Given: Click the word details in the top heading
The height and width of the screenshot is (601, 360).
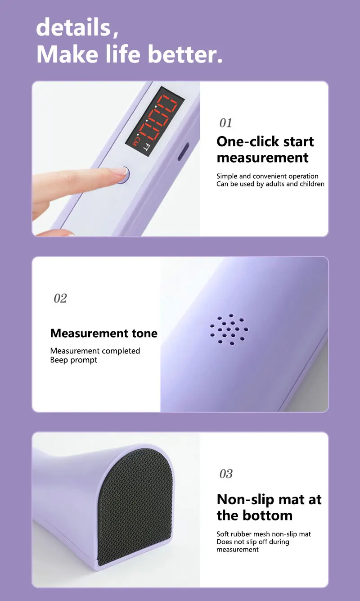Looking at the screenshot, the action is [x=73, y=27].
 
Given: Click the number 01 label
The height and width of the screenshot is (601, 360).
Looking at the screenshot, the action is [x=225, y=123].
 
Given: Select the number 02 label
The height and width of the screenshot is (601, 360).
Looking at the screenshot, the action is [x=60, y=298].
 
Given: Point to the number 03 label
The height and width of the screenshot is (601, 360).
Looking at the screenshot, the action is [x=226, y=474].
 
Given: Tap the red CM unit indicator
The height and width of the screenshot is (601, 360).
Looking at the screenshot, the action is [x=137, y=142].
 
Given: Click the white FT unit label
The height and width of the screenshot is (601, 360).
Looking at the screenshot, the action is [x=146, y=147].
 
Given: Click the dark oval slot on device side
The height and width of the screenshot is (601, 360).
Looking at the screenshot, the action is [x=184, y=152].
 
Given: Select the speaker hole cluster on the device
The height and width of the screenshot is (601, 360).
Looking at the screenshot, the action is [x=229, y=329].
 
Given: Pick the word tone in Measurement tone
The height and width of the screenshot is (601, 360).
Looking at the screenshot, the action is [x=144, y=334].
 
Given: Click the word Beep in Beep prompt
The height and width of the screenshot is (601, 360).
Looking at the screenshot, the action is [x=59, y=360].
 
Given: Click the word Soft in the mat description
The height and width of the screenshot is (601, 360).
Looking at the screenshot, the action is [x=223, y=534].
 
